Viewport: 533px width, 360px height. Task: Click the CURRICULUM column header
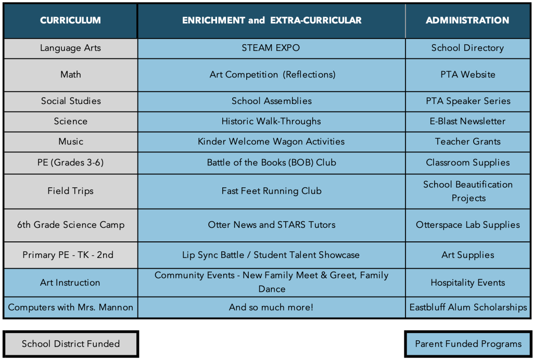coord(70,21)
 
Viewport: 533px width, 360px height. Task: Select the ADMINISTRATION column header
coord(467,21)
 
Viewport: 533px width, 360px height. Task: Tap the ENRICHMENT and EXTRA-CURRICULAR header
coord(271,21)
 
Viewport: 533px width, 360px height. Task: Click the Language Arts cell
coord(70,48)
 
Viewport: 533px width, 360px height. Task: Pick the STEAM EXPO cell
coord(271,48)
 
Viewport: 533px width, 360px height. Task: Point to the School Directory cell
coord(467,48)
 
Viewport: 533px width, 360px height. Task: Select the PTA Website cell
coord(467,74)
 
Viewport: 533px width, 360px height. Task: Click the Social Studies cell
coord(70,101)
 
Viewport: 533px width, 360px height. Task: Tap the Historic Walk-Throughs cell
coord(271,121)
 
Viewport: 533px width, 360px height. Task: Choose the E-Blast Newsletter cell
coord(467,121)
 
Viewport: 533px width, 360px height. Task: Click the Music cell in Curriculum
coord(70,142)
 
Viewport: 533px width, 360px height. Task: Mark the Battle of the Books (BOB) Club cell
coord(271,162)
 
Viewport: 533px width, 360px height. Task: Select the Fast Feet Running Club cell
coord(271,191)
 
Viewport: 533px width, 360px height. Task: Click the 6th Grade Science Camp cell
coord(70,225)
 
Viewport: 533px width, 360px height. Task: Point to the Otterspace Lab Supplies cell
coord(467,225)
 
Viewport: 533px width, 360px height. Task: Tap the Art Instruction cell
coord(70,282)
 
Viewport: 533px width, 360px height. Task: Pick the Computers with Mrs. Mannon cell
coord(70,307)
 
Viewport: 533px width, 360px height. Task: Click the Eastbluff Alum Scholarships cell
coord(467,307)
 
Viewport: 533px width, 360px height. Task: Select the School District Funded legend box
coord(71,344)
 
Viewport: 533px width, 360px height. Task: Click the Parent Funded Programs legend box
coord(468,344)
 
